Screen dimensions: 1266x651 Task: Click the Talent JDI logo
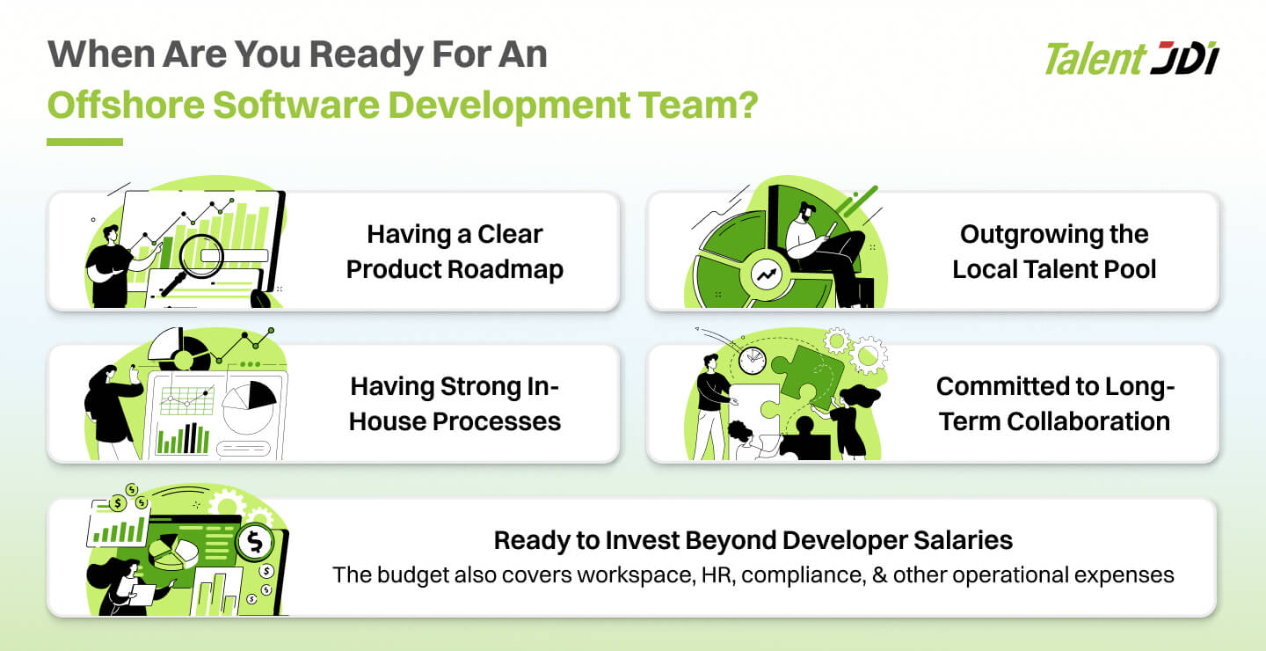1131,58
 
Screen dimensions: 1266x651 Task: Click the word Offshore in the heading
126,106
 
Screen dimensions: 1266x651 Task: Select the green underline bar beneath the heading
84,142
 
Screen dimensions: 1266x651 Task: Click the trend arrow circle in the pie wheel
767,274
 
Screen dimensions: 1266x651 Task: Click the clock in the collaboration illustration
753,361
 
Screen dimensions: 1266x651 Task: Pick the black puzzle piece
806,439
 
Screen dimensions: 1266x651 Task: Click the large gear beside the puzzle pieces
869,355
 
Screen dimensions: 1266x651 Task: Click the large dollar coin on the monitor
256,543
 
